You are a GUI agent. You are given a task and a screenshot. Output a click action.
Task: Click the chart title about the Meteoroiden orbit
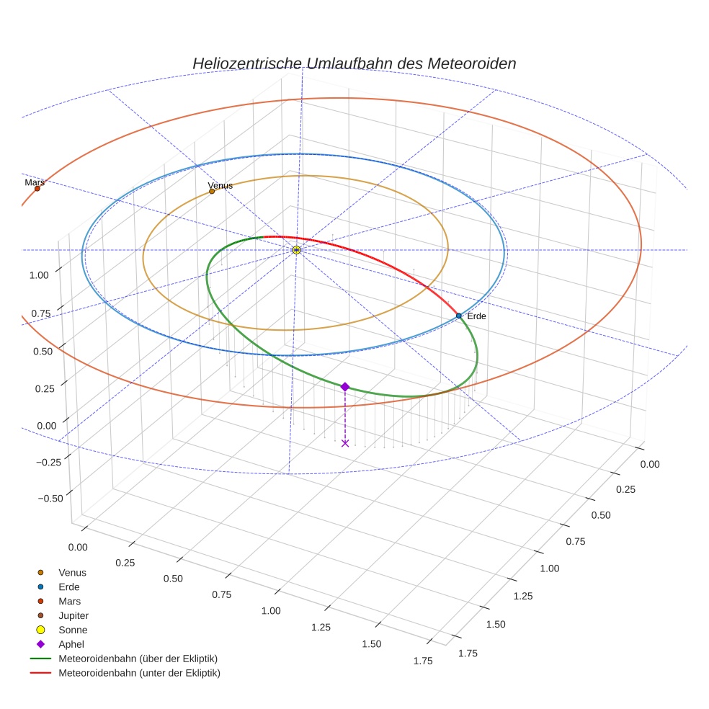tap(354, 63)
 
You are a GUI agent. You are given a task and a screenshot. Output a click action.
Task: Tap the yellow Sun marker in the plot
tap(296, 250)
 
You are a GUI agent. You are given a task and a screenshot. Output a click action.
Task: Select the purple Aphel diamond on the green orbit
tap(345, 387)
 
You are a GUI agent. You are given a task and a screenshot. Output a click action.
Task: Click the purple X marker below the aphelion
tap(345, 443)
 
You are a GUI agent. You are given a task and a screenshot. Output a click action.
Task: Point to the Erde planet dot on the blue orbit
tap(458, 316)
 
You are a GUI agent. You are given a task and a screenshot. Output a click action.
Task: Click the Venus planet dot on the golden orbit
tap(212, 191)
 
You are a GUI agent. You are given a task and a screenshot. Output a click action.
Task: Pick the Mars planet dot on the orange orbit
tap(37, 189)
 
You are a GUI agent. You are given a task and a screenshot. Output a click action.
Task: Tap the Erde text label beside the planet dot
tap(476, 316)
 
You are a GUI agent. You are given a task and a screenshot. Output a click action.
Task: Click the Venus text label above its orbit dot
tap(220, 186)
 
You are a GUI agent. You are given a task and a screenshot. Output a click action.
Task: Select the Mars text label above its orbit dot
tap(35, 183)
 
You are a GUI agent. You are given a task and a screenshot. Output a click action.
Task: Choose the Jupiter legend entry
tap(73, 615)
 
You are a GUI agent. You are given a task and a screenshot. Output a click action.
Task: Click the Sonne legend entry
tap(73, 630)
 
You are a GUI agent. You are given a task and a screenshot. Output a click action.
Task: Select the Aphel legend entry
tap(71, 644)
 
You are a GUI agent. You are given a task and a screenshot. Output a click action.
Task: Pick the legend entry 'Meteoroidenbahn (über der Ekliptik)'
tap(138, 659)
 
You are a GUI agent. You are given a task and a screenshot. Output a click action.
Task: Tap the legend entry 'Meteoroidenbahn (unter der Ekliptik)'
tap(139, 673)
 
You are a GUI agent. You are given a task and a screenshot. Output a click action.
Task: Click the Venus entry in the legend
tap(72, 572)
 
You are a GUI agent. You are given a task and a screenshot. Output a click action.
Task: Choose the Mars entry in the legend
tap(69, 601)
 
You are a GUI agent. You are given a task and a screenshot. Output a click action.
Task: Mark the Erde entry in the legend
tap(69, 587)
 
